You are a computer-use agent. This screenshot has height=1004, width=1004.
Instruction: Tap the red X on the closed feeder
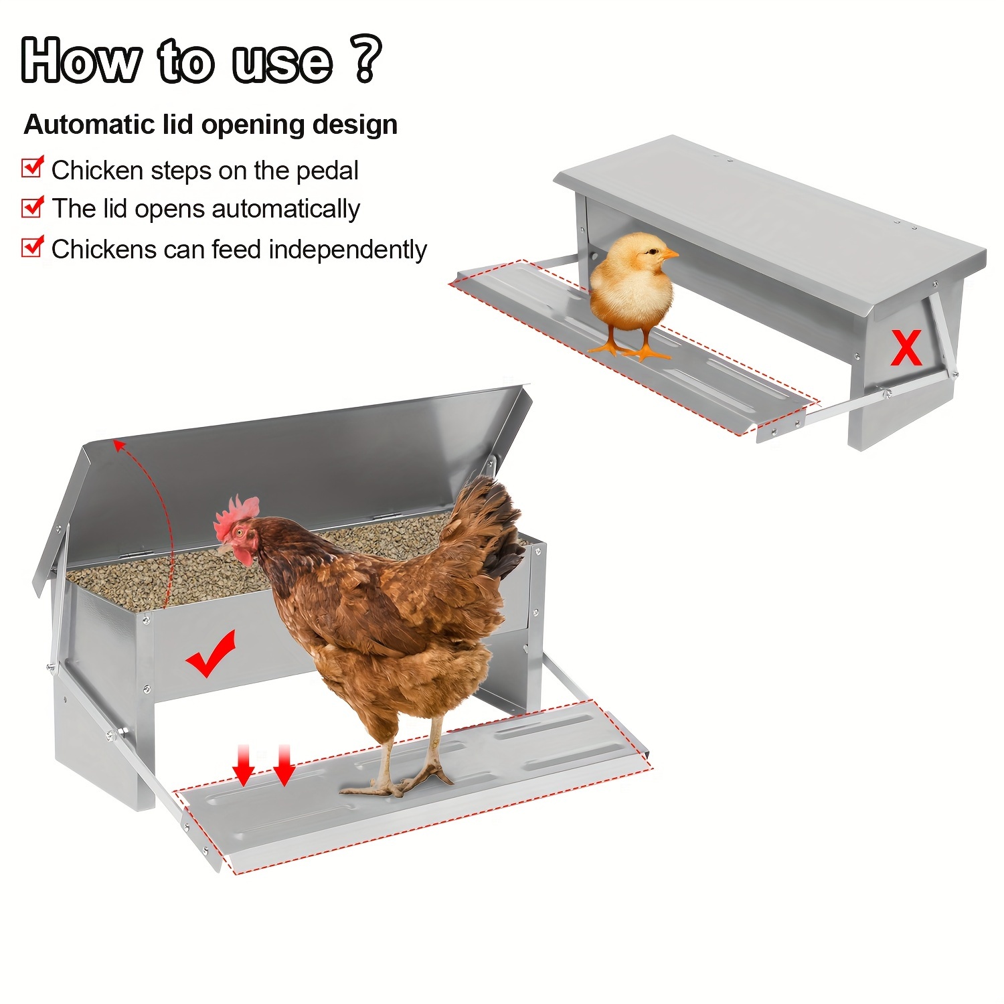tap(906, 348)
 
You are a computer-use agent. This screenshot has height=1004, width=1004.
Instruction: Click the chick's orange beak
tap(669, 254)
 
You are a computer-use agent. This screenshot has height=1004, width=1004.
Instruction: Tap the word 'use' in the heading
tap(282, 62)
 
